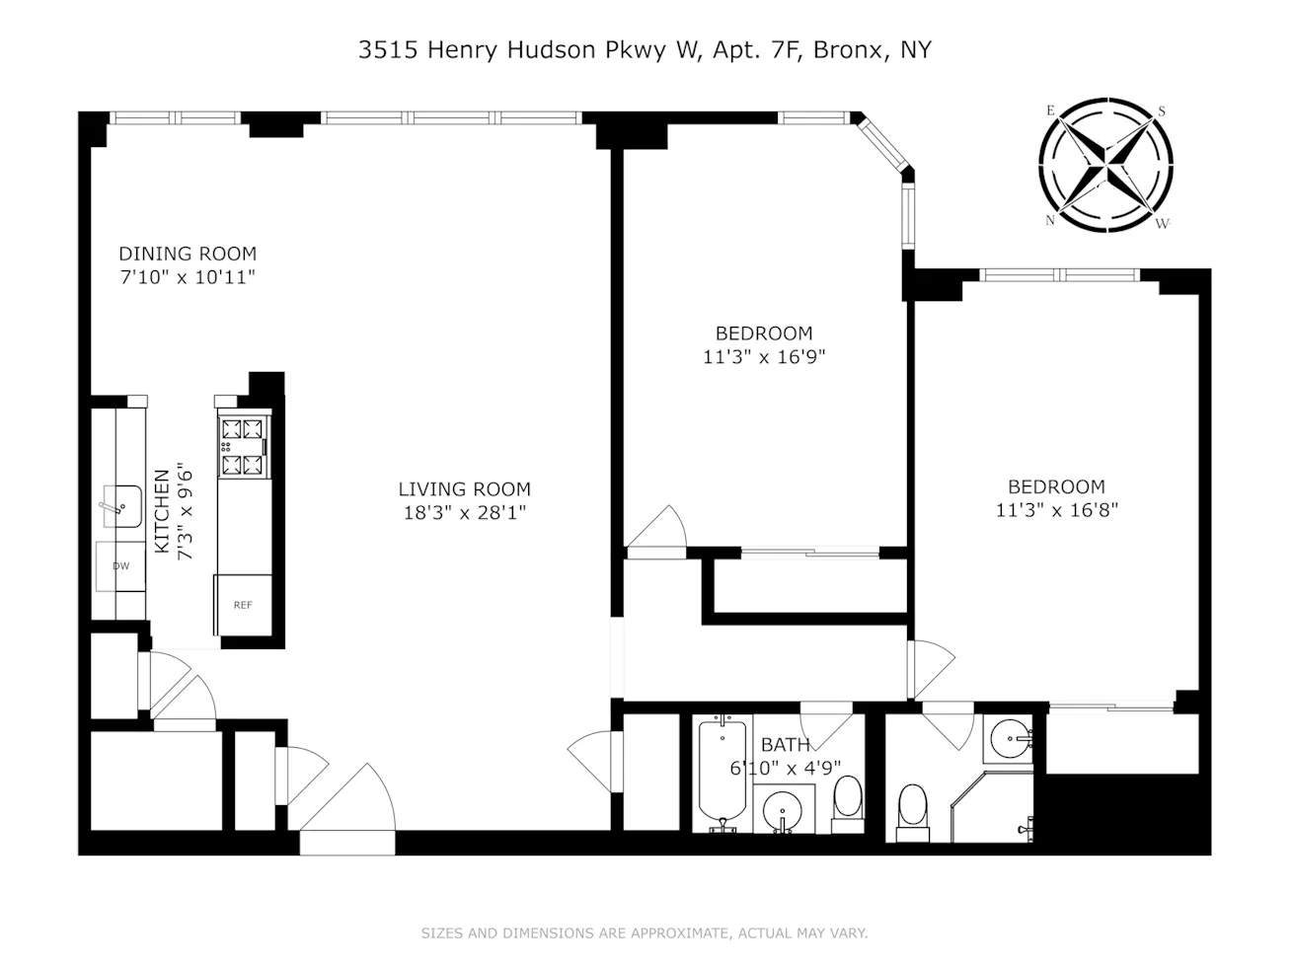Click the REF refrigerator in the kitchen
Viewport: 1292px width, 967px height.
(243, 605)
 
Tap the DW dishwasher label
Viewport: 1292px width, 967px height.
(120, 566)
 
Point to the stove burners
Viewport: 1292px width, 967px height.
(243, 445)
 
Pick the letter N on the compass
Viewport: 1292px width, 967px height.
(1050, 220)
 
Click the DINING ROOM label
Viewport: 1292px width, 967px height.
(188, 254)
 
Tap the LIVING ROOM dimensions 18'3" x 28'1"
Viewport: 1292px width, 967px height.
(465, 512)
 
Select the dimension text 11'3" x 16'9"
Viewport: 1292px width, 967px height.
(763, 357)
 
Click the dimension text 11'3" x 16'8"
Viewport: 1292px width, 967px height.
(1056, 510)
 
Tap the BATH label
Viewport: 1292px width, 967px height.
(786, 745)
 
